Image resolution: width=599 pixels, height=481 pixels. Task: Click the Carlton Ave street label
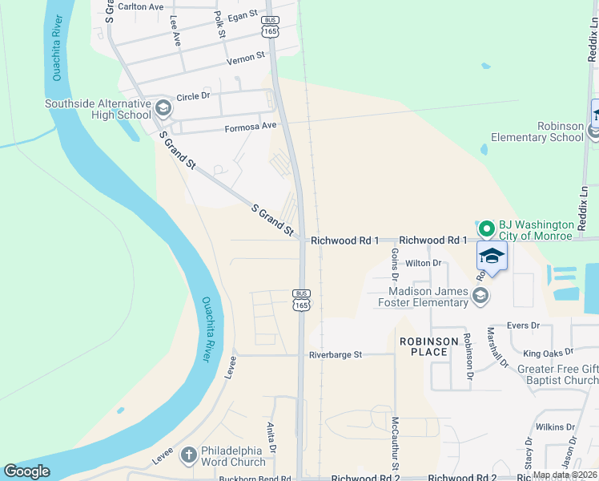(x=140, y=6)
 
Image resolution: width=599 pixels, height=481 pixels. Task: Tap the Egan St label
(x=243, y=14)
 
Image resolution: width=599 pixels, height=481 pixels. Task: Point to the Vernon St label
(x=245, y=58)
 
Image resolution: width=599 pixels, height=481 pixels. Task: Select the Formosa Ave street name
(x=250, y=126)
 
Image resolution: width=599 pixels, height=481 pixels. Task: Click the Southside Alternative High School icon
(x=163, y=107)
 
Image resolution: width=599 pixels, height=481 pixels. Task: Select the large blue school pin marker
(x=492, y=257)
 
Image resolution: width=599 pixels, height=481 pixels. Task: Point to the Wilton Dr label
(x=424, y=263)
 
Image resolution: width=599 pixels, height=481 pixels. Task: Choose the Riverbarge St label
(x=336, y=354)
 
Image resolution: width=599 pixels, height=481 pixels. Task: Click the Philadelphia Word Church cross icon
(x=188, y=456)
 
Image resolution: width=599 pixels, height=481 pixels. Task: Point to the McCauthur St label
(x=395, y=443)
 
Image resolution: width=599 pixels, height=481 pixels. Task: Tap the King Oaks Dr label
(x=549, y=353)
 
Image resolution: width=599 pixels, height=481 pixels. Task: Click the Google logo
(x=26, y=471)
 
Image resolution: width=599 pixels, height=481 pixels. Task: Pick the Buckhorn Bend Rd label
(x=256, y=479)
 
